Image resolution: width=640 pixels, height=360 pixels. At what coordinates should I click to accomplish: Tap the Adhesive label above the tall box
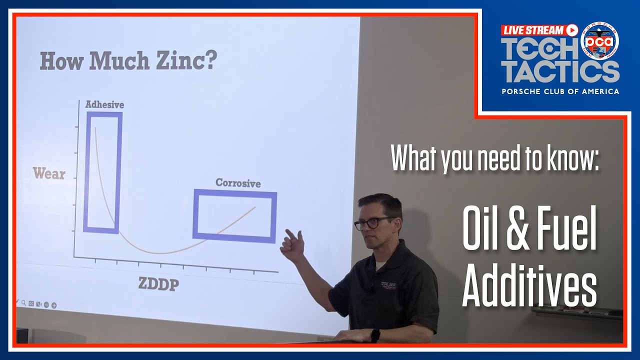pyautogui.click(x=104, y=104)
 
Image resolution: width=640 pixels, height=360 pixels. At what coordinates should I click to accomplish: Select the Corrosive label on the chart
pyautogui.click(x=238, y=183)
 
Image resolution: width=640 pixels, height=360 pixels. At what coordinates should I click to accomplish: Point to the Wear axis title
pyautogui.click(x=49, y=174)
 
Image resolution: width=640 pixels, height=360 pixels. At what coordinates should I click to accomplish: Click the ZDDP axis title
pyautogui.click(x=159, y=284)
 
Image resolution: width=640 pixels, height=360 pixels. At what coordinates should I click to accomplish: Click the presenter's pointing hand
pyautogui.click(x=292, y=245)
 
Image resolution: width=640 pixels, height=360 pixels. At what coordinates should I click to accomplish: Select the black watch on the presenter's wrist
pyautogui.click(x=375, y=334)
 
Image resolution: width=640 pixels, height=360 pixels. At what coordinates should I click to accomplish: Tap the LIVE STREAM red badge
pyautogui.click(x=539, y=30)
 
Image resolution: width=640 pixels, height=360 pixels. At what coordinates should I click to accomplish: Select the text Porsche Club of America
pyautogui.click(x=560, y=91)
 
